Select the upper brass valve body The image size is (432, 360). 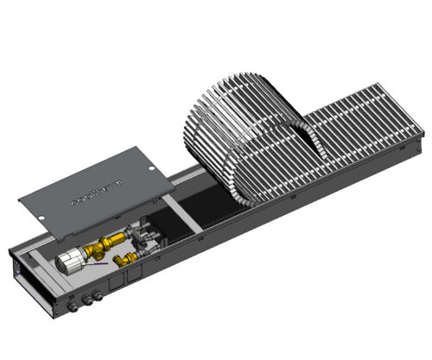click(110, 242)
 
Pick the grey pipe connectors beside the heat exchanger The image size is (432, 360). click(148, 231)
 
